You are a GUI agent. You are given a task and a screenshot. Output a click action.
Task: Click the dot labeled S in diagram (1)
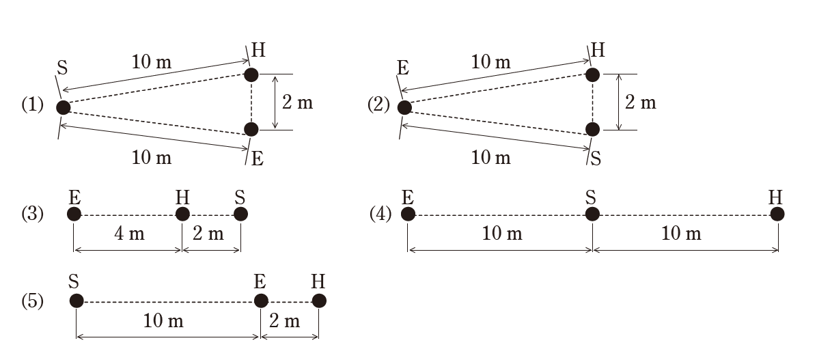pos(64,107)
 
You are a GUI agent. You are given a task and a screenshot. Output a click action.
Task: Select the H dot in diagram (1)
pos(251,74)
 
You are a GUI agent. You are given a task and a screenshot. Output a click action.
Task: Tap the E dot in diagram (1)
pos(251,129)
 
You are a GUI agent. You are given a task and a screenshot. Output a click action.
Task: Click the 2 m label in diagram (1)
pos(297,102)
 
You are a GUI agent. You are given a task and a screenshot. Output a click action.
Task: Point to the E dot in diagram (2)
pos(404,107)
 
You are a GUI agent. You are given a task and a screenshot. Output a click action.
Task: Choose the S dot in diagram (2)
pos(592,129)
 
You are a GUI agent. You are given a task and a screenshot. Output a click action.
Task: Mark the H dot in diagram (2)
pos(593,74)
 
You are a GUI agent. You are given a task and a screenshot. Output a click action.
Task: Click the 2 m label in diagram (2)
pos(640,102)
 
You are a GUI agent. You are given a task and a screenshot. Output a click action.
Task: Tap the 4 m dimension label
pos(128,234)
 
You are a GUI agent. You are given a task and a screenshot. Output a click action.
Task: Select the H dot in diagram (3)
pos(182,214)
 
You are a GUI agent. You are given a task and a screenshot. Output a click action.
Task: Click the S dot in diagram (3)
pos(240,214)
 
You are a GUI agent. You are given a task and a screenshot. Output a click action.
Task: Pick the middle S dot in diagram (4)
pos(592,214)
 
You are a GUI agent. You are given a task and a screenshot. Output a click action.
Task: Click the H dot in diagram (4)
pos(777,214)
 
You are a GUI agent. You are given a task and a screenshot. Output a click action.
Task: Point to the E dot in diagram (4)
pos(408,214)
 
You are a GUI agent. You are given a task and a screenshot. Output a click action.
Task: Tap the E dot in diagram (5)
pos(261,301)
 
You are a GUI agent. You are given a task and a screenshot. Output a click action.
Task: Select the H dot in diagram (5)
pos(318,301)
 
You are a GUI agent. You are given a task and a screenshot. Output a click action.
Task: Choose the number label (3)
pos(32,214)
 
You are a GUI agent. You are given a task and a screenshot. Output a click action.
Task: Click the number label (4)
pos(380,214)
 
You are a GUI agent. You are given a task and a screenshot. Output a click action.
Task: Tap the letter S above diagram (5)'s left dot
pos(74,281)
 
